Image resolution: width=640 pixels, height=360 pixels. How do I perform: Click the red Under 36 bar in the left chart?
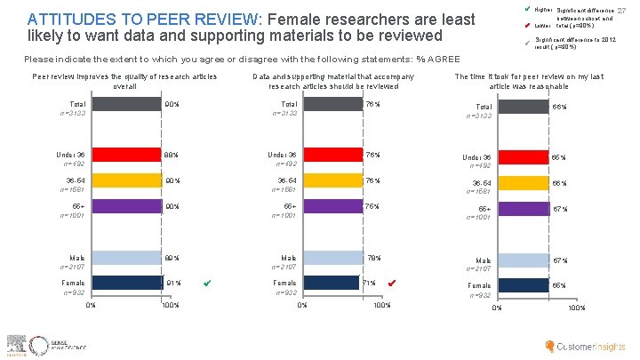(x=124, y=155)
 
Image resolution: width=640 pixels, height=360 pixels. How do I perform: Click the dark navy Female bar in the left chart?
(x=125, y=284)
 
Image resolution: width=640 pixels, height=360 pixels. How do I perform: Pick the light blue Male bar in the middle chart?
(x=333, y=258)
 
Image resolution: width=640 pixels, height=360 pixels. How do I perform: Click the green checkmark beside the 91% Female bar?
(x=206, y=284)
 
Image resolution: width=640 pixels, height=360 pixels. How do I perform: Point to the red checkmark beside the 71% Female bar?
(x=393, y=284)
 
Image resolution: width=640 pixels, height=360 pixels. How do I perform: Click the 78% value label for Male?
(x=373, y=258)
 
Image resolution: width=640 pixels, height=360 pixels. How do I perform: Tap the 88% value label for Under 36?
(x=171, y=155)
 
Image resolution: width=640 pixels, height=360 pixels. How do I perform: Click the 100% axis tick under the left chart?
(x=170, y=306)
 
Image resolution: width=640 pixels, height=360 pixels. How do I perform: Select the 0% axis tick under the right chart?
(x=497, y=308)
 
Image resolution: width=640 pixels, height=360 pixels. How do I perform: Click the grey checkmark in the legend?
(x=527, y=43)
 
